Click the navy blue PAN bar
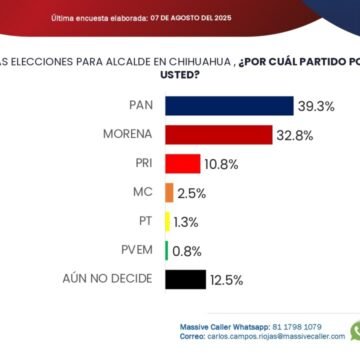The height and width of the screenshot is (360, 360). click(229, 106)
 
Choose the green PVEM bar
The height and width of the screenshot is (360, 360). click(167, 251)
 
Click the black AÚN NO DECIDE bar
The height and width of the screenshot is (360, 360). click(186, 280)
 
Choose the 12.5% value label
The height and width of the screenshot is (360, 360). click(225, 280)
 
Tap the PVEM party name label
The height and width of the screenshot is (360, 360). click(138, 251)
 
